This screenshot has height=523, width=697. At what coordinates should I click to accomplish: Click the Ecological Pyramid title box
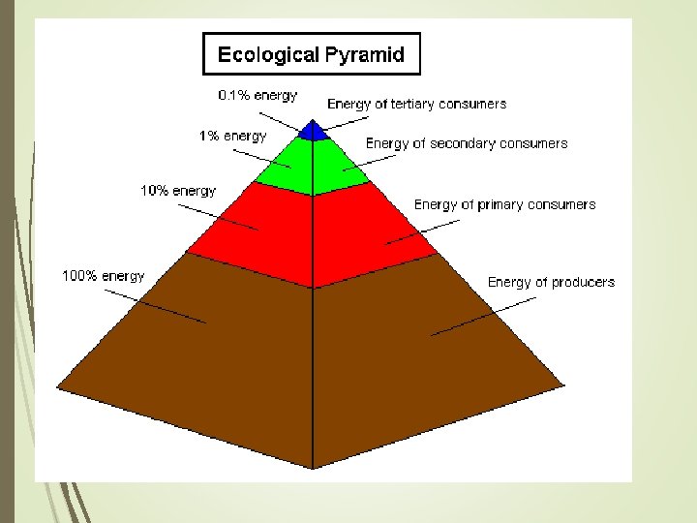[311, 53]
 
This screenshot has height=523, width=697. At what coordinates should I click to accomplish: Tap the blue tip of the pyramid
[312, 132]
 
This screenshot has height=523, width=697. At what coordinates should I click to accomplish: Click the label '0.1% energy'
[258, 96]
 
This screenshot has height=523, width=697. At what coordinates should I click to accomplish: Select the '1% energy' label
[232, 137]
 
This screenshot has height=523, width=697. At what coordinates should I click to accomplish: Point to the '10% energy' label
[178, 191]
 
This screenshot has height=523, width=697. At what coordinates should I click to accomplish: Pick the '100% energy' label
[104, 276]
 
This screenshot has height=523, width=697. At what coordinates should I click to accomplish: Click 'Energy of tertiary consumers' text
[416, 104]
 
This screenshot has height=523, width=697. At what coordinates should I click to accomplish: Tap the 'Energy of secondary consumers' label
[467, 143]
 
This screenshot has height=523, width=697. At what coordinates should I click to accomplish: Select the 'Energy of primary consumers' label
[504, 204]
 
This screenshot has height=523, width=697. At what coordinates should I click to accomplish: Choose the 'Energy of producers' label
[551, 282]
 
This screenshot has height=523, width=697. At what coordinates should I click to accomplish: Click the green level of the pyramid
[312, 165]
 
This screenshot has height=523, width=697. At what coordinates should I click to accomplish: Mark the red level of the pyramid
[312, 232]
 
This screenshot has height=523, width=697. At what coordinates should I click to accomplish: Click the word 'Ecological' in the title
[264, 54]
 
